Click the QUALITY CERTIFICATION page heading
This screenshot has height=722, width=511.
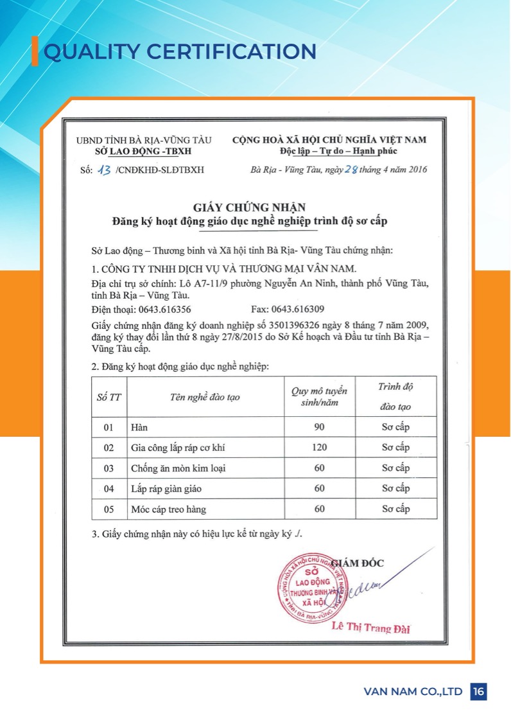point(179,51)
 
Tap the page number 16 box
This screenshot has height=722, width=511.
point(478,691)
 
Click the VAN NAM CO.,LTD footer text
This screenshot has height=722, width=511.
point(413,692)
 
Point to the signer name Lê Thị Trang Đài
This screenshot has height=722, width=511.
point(371,628)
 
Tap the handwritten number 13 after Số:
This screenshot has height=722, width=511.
point(104,170)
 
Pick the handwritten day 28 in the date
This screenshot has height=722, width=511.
point(351,170)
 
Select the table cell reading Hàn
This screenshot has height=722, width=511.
point(139,427)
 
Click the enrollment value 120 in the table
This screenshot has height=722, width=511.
point(319,447)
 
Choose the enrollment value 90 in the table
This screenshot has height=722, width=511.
point(319,427)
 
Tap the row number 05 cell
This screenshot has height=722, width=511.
point(108,509)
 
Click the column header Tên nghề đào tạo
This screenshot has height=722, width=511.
point(205,397)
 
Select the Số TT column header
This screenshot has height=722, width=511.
point(108,397)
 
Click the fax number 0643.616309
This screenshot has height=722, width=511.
point(300,308)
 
